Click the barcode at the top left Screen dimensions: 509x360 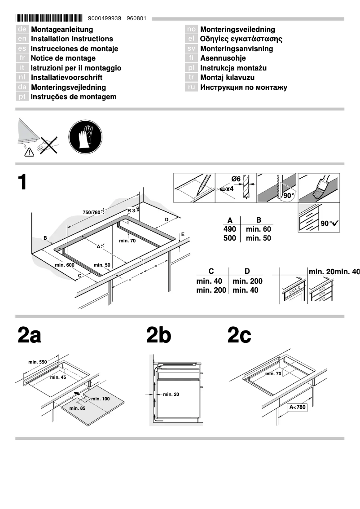[49, 18]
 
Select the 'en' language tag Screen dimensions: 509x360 [22, 39]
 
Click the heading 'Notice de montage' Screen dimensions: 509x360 [63, 58]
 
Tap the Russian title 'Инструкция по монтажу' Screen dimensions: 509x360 [243, 88]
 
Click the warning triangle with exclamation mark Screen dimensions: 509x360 [29, 152]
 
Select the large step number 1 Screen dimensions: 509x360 [23, 182]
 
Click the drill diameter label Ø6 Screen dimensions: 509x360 [236, 179]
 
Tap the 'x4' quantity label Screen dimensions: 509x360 [229, 189]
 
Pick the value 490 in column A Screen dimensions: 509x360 [230, 229]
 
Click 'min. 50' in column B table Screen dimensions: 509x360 [258, 238]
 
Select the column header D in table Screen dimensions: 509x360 [247, 271]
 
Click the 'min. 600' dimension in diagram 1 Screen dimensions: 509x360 [65, 265]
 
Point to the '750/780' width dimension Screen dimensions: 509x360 [92, 212]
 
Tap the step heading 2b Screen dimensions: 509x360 [158, 336]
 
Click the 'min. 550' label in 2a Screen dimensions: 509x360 [37, 362]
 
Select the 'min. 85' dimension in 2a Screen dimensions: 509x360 [77, 408]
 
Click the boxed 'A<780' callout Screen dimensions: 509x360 [297, 408]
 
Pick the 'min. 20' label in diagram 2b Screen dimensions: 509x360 [171, 394]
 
